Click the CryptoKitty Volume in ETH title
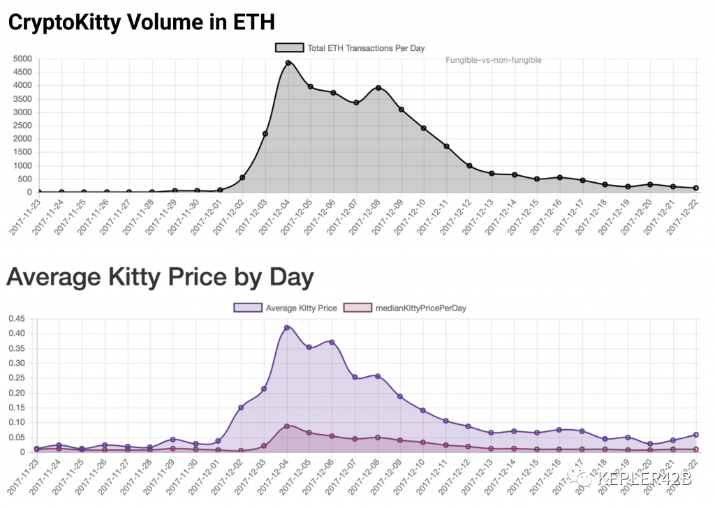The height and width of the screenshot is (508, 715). point(141,22)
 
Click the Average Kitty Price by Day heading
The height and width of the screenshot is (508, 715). point(160,277)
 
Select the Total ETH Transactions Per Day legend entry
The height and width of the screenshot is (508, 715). point(350,48)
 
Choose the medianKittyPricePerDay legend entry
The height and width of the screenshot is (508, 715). point(405,308)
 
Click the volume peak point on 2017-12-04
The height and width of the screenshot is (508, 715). point(288,63)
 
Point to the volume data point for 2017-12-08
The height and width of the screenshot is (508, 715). point(378,88)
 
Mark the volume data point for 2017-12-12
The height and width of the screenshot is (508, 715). point(469,166)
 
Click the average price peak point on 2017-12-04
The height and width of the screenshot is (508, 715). point(287,328)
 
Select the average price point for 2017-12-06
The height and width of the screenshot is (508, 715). point(332,343)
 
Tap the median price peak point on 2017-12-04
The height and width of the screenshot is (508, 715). point(287,426)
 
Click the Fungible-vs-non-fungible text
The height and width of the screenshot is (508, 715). point(494,60)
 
